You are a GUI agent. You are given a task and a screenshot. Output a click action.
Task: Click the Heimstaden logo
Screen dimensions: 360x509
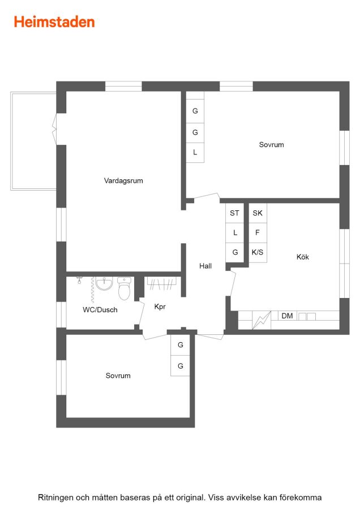pyautogui.click(x=54, y=22)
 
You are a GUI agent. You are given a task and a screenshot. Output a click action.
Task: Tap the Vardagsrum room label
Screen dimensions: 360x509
pyautogui.click(x=123, y=181)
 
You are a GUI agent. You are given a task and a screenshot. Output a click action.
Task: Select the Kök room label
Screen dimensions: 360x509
pyautogui.click(x=302, y=257)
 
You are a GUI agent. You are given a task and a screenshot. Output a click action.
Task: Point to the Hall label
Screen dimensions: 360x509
pyautogui.click(x=205, y=266)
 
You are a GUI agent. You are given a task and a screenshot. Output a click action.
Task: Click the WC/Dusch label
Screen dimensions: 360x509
pyautogui.click(x=100, y=310)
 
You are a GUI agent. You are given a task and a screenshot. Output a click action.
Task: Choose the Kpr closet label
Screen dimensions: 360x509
pyautogui.click(x=160, y=307)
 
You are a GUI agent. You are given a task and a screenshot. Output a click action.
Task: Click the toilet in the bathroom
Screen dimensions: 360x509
pyautogui.click(x=124, y=288)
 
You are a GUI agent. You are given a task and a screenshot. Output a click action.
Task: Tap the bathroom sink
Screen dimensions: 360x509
pyautogui.click(x=104, y=284)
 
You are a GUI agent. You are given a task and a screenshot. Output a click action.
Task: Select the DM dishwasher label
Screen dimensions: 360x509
pyautogui.click(x=287, y=316)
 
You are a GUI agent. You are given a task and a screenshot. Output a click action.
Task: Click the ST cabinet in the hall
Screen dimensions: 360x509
pyautogui.click(x=234, y=213)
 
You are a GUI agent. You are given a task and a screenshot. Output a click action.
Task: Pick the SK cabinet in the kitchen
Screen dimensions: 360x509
pyautogui.click(x=258, y=213)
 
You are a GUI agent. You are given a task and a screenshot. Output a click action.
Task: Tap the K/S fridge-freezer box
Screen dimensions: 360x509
pyautogui.click(x=258, y=252)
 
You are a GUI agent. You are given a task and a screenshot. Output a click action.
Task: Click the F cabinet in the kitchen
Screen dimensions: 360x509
pyautogui.click(x=258, y=233)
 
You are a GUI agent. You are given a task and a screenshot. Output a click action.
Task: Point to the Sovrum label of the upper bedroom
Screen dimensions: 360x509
pyautogui.click(x=271, y=145)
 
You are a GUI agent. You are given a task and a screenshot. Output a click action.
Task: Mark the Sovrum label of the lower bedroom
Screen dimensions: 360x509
pyautogui.click(x=118, y=376)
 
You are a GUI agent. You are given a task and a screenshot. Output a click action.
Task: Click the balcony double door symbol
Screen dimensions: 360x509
pyautogui.click(x=54, y=129)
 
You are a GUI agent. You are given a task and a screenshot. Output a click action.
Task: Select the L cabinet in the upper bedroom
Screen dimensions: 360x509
pyautogui.click(x=195, y=153)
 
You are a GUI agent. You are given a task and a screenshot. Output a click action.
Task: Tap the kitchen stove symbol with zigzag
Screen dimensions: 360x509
pyautogui.click(x=262, y=320)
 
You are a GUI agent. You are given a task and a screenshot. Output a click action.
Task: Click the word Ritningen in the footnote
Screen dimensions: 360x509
pyautogui.click(x=56, y=498)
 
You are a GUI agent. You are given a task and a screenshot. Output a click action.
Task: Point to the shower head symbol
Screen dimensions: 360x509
pyautogui.click(x=79, y=280)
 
